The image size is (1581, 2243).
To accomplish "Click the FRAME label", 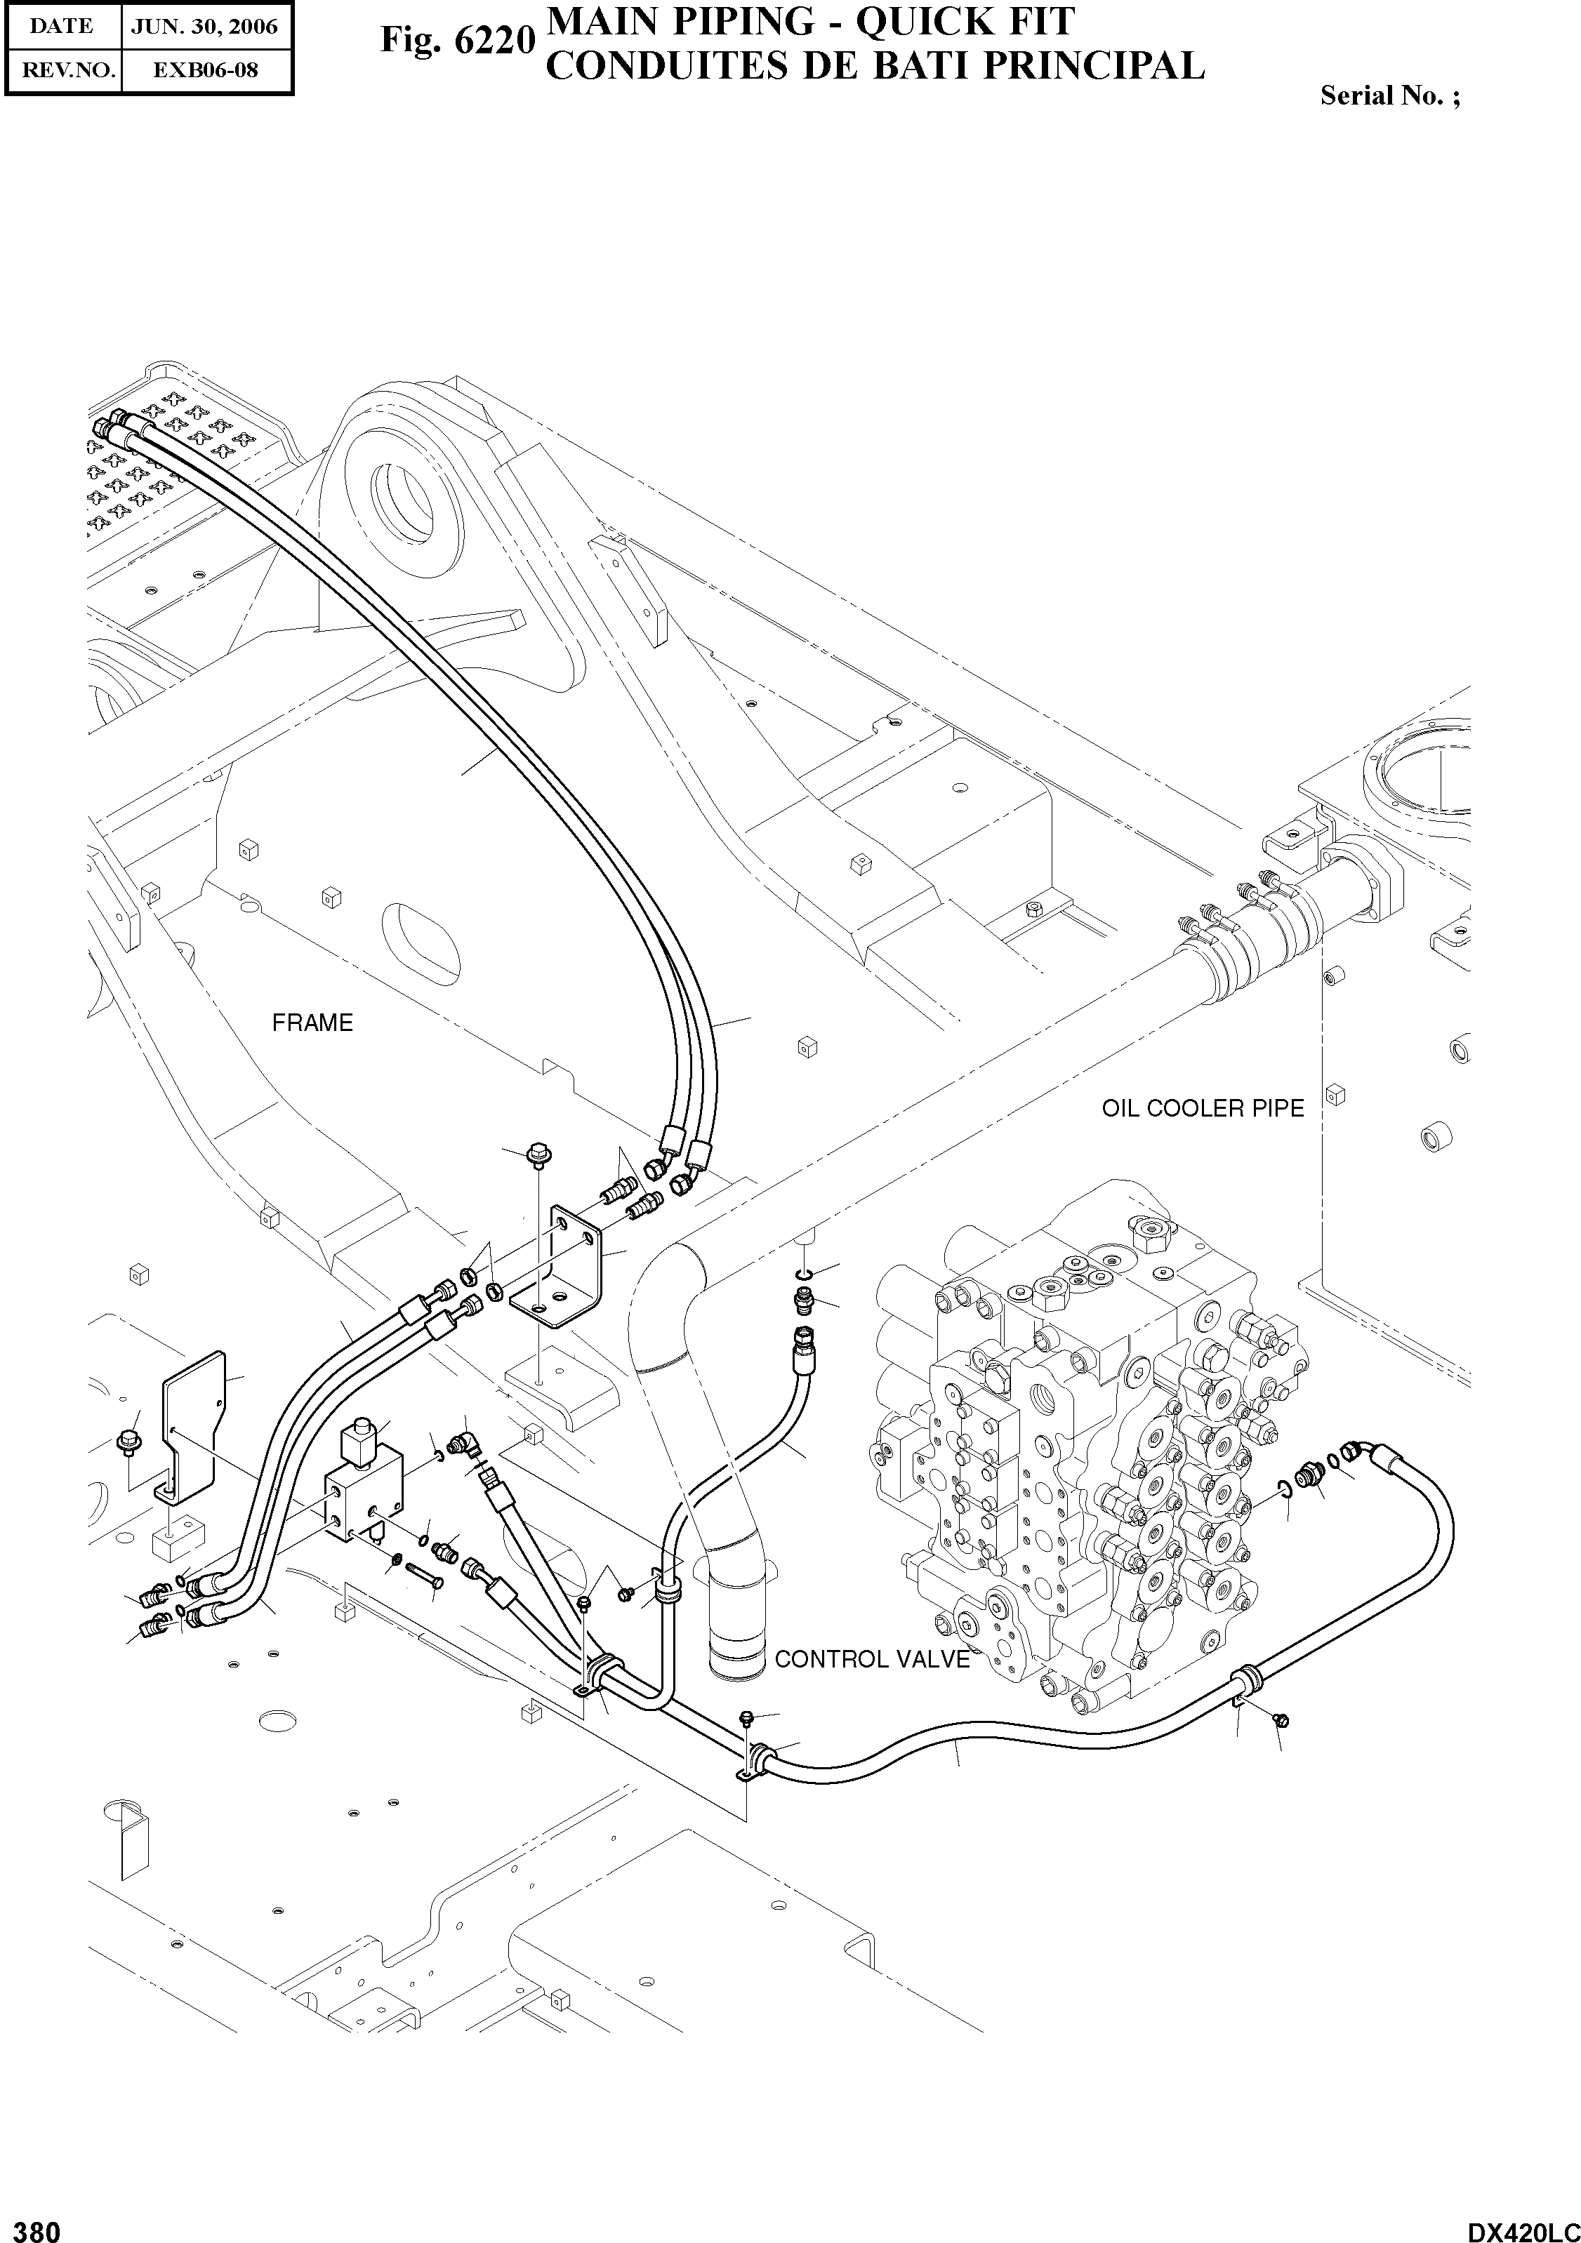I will point(312,1023).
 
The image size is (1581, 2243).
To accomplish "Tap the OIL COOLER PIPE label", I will point(1202,1108).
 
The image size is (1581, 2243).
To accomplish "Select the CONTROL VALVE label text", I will point(872,1659).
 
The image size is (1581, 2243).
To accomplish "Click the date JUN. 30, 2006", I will point(205,27).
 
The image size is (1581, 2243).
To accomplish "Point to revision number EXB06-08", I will point(205,70).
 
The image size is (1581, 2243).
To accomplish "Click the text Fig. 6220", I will point(457,42).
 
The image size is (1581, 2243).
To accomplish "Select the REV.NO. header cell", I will point(63,70).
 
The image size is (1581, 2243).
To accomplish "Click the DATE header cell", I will point(62,27).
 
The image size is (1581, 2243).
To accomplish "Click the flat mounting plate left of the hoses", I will point(195,1421).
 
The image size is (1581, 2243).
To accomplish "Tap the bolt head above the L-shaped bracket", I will point(538,1154).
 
